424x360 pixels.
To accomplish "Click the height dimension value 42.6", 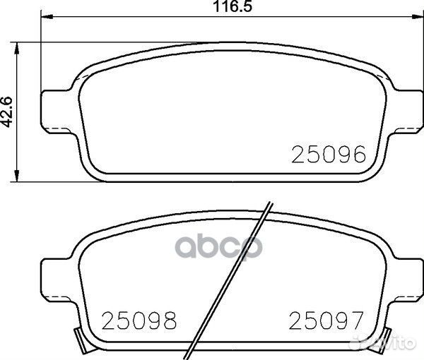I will [8, 111].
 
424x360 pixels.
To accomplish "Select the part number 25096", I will [329, 155].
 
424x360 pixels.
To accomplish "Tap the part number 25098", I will [139, 321].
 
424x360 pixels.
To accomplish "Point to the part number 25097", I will [326, 321].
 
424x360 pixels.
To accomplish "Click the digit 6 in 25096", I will [359, 155].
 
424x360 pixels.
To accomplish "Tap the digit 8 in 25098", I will [170, 321].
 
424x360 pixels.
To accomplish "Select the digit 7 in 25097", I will [356, 321].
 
